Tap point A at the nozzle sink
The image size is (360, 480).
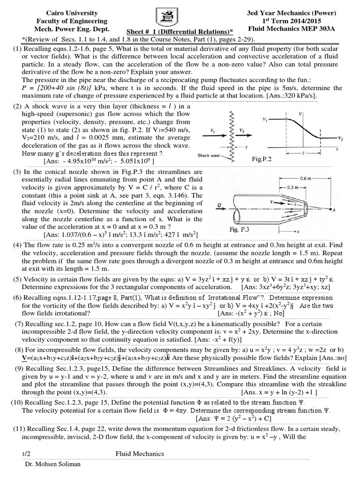point(333,211)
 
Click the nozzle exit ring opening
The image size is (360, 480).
point(305,205)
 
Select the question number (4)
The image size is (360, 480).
point(17,245)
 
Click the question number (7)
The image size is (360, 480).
point(19,324)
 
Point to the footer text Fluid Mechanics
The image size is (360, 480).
point(140,454)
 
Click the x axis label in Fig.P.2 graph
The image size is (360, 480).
point(337,149)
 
